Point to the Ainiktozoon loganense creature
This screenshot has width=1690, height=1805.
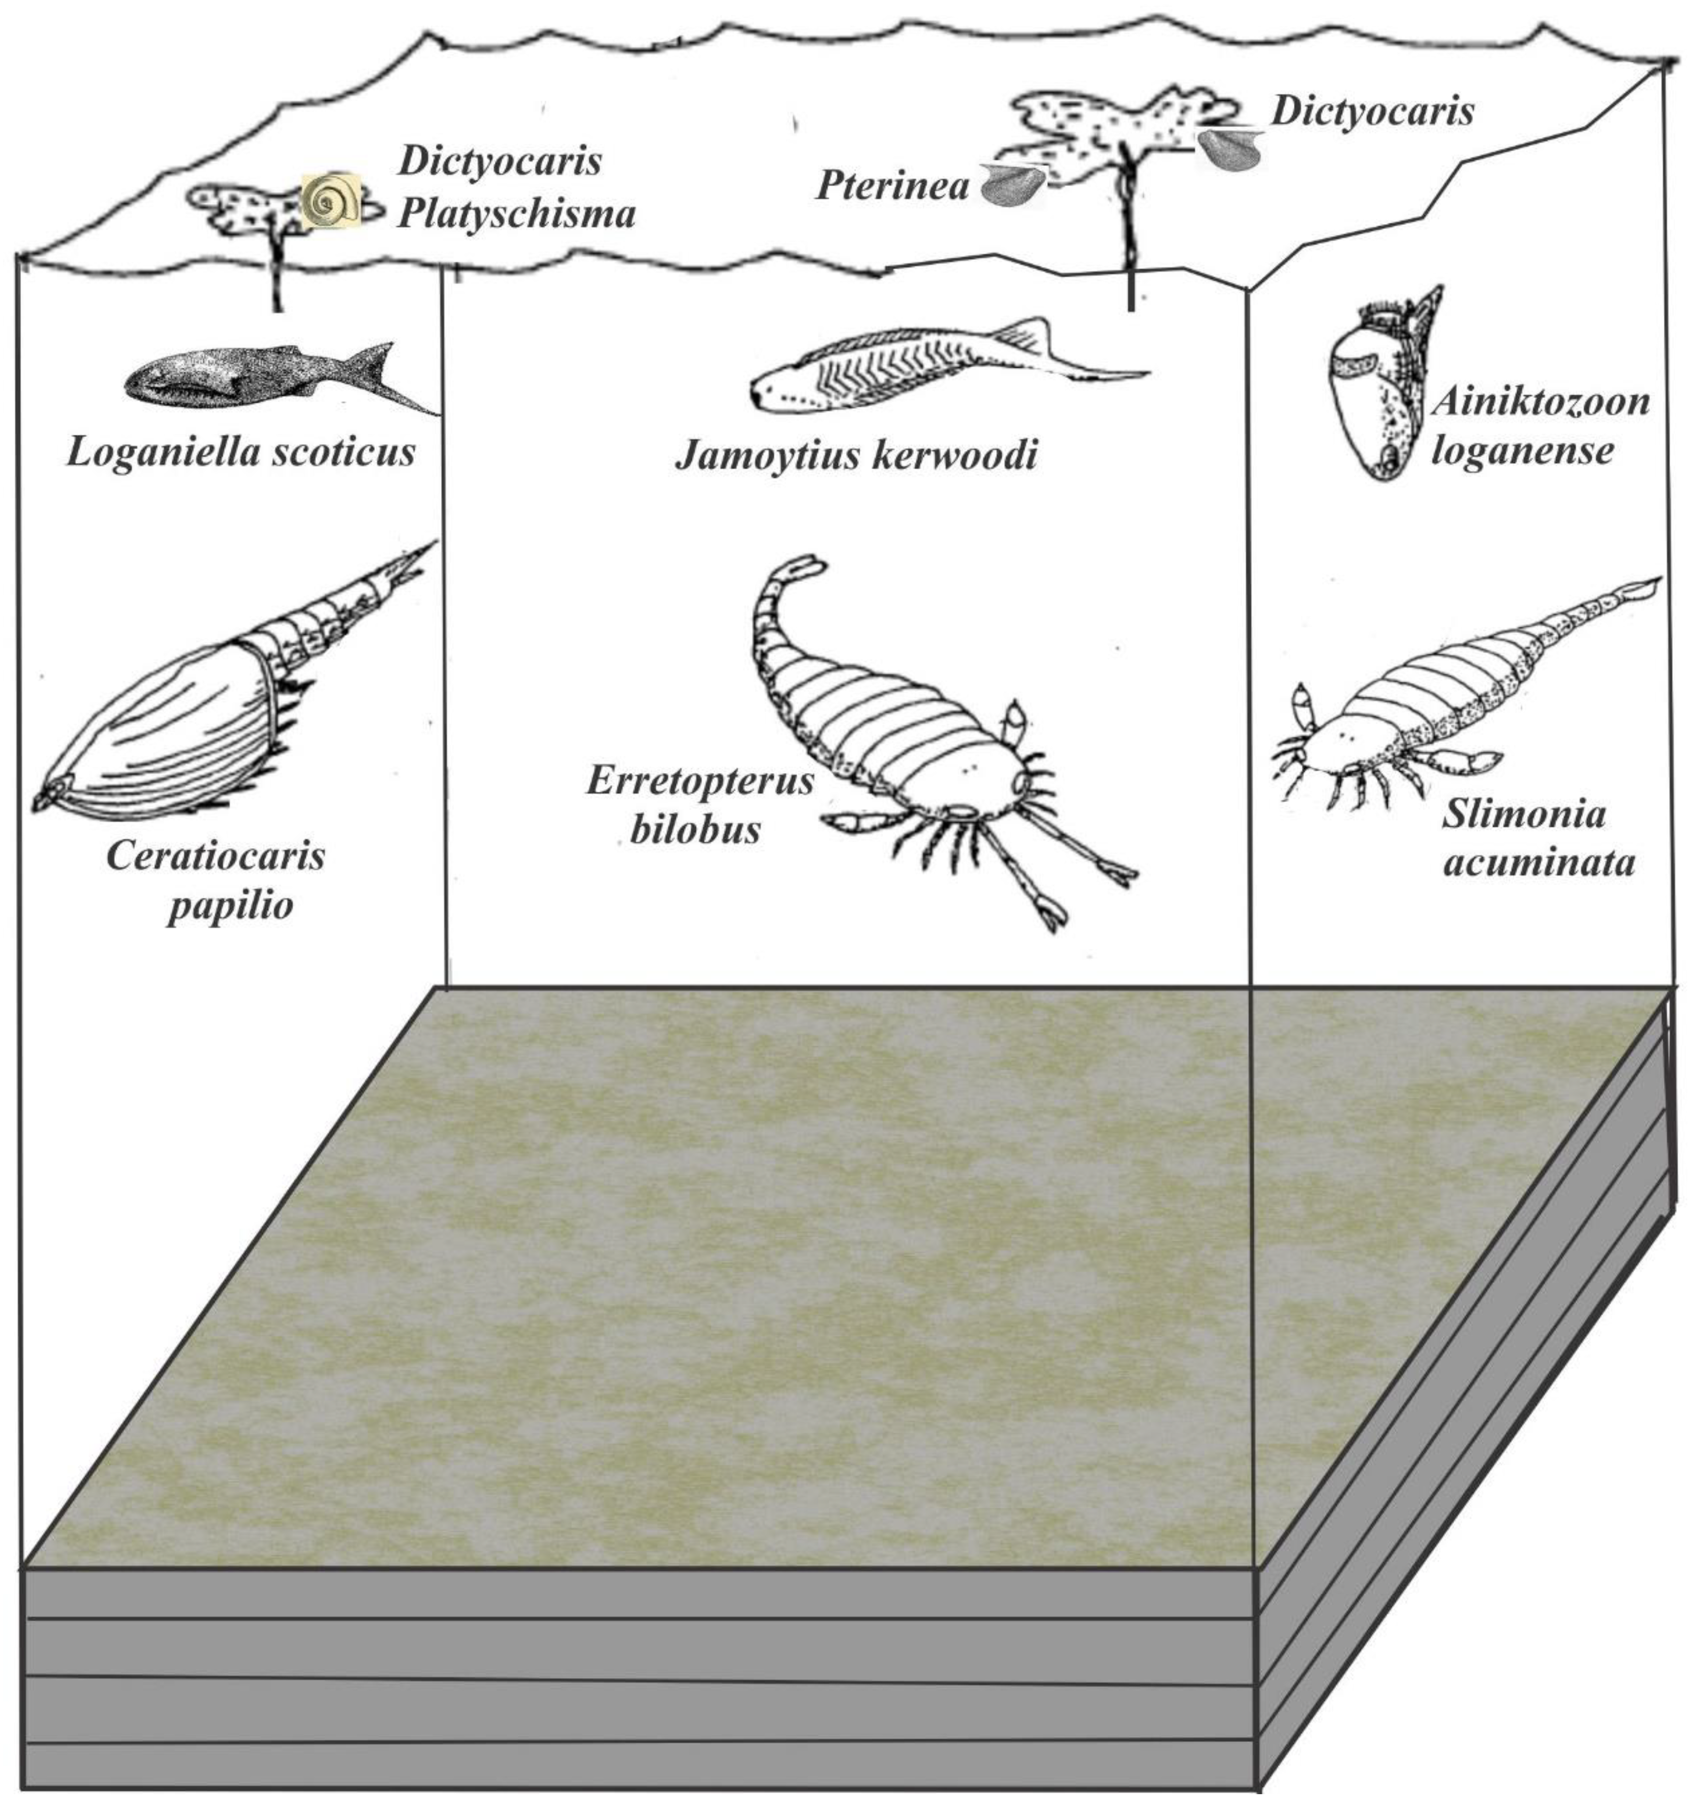click(1384, 390)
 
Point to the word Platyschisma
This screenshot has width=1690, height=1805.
click(516, 215)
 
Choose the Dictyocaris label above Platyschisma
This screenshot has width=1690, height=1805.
click(500, 161)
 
